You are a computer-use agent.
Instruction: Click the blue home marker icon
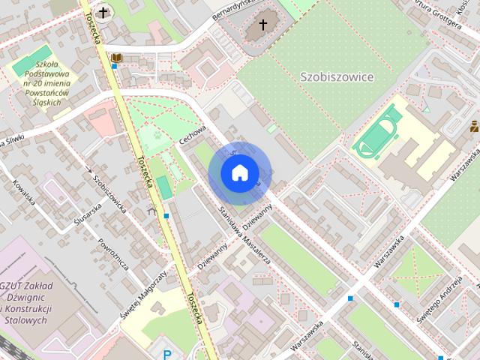tap(239, 173)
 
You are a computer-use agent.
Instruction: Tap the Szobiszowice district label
tap(336, 76)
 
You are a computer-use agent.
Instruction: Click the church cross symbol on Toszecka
tap(103, 12)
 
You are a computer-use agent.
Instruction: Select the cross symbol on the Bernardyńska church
tap(262, 25)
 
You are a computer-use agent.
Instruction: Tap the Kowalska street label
tap(24, 192)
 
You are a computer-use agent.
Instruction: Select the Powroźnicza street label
tap(115, 256)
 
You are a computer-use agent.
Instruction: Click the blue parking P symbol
tap(167, 353)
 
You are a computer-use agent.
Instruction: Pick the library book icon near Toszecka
tap(116, 57)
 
